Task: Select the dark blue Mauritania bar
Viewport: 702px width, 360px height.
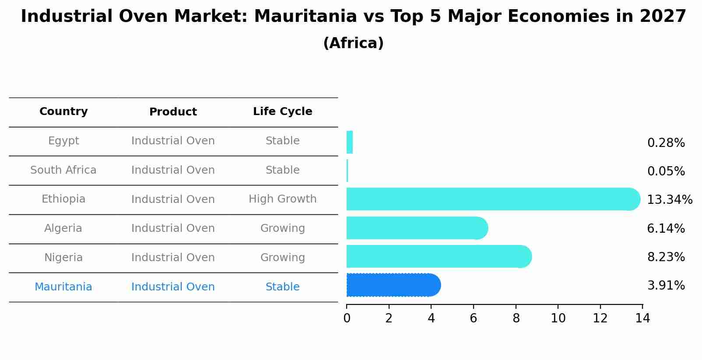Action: pos(392,285)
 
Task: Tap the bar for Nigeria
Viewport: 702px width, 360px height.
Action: pos(438,256)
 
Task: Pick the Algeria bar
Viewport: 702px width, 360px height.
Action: pos(416,228)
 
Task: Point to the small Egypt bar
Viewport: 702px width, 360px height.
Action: pos(349,142)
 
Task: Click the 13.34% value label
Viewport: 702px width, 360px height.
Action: pos(669,200)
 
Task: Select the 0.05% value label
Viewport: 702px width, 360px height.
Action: pos(666,171)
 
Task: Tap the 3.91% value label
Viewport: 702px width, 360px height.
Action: pos(666,286)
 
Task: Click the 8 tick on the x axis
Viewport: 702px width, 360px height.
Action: pos(516,318)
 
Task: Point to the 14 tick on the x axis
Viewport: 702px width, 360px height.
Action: pos(642,318)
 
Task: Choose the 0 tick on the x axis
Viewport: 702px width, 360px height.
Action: pos(347,318)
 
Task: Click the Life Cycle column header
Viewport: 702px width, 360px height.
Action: pos(282,112)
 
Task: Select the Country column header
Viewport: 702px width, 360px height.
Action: pos(63,112)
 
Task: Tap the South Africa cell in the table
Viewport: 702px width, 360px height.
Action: pos(63,170)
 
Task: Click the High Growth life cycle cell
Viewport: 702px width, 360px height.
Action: pos(282,199)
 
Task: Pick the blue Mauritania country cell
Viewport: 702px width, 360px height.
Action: pos(63,287)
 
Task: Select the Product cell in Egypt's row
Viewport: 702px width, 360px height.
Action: pos(173,141)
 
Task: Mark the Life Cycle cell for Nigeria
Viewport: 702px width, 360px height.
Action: pos(282,258)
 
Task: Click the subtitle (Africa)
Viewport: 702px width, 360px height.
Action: pos(353,43)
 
